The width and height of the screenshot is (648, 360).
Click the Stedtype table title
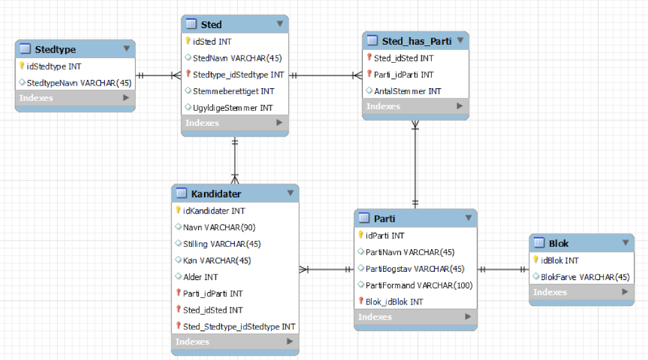[x=56, y=50]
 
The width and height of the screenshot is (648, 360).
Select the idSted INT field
[x=212, y=42]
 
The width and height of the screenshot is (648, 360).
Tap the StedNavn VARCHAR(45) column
[x=237, y=58]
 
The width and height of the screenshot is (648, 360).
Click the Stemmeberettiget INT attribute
[x=233, y=91]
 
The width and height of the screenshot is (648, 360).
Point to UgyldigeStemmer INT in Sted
[x=233, y=108]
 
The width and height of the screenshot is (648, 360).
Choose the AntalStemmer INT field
[x=407, y=91]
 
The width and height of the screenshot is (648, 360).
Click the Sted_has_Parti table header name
[x=416, y=42]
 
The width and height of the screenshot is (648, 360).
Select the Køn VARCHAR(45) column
[x=217, y=261]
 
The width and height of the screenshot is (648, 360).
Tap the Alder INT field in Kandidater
[x=200, y=278]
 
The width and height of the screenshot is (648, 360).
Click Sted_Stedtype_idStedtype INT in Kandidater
[x=239, y=327]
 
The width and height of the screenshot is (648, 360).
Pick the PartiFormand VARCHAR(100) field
[x=419, y=286]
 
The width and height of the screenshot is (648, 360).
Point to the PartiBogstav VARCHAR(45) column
[x=415, y=269]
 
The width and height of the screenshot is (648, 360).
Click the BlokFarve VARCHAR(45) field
[x=585, y=278]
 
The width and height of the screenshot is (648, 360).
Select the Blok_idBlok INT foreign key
[x=394, y=302]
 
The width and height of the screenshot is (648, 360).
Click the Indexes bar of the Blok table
[x=581, y=292]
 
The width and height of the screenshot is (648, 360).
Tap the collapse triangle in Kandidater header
[x=290, y=193]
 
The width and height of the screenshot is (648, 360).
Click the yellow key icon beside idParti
[x=361, y=235]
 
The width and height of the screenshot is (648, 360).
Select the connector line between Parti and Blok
[x=503, y=270]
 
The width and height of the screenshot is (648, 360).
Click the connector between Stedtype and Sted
[x=158, y=75]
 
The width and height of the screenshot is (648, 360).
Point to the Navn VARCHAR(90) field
[x=219, y=228]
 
